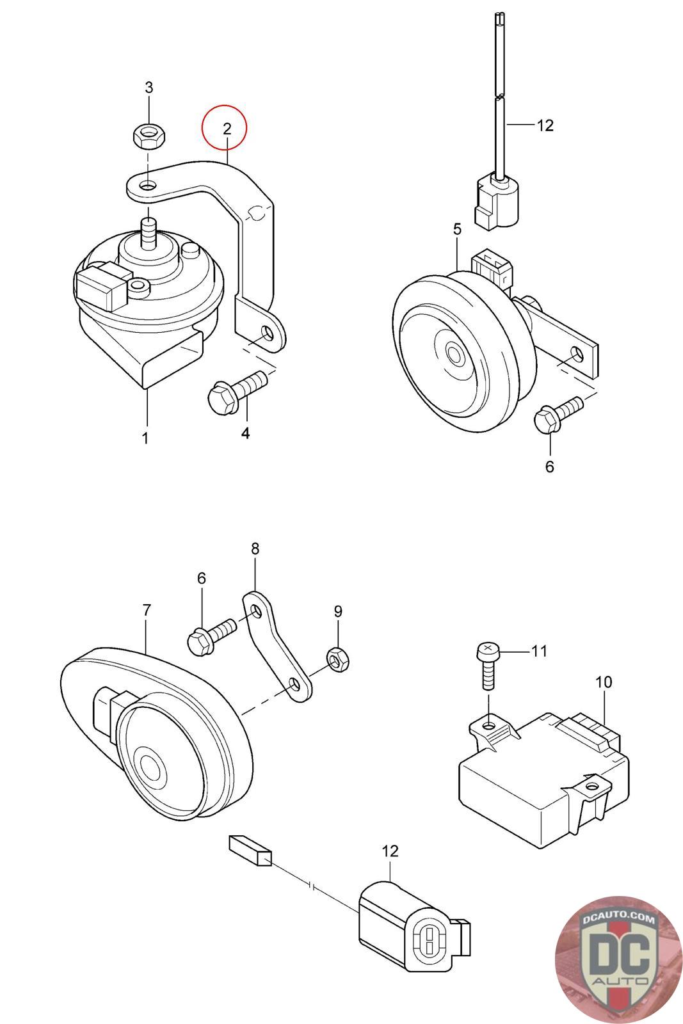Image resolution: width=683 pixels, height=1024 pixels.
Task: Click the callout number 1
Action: pos(145,438)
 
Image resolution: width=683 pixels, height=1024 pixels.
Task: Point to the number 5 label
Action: pos(458,230)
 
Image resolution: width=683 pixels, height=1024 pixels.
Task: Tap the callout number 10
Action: pos(604,682)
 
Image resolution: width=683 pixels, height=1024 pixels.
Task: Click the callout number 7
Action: pos(147,611)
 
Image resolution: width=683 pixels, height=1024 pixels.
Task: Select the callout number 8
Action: pos(255,548)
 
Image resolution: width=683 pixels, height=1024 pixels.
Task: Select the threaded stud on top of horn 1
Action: pos(147,233)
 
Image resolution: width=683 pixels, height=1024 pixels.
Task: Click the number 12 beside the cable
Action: pos(545,125)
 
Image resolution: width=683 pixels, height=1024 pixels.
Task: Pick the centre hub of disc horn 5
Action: pos(453,353)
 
